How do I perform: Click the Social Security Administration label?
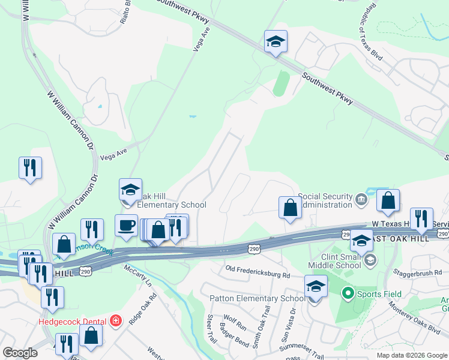coord(326,200)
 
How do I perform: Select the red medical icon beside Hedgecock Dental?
coord(115,321)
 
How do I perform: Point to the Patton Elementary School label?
coord(257,299)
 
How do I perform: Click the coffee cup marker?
coord(126,225)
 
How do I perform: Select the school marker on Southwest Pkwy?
coord(276,42)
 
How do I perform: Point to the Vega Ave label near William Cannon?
coord(114,154)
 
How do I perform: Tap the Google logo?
coord(20,352)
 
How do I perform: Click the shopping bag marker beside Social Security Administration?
coord(290,208)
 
